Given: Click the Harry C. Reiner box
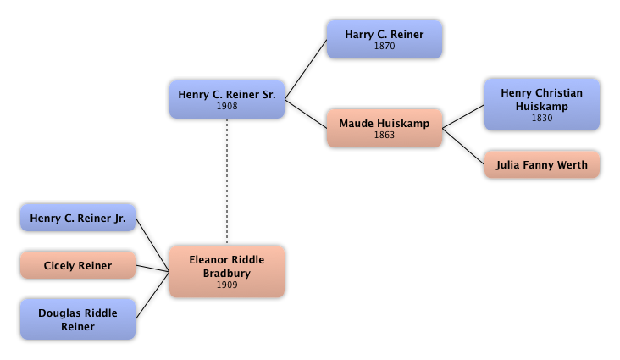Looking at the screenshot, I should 384,39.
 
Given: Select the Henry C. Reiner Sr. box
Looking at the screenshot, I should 227,99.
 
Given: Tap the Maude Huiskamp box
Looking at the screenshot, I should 384,128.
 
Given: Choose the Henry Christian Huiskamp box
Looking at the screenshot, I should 541,104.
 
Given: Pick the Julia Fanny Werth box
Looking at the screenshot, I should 541,164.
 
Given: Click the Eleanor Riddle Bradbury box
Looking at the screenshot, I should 227,271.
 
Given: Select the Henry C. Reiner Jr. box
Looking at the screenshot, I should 77,219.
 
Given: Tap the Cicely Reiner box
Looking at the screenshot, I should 77,266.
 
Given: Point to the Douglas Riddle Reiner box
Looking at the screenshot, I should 77,319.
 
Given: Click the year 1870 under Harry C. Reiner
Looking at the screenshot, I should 384,46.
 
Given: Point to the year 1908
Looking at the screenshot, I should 227,107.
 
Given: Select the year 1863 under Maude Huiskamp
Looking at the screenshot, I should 384,135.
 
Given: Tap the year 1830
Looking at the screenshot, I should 541,118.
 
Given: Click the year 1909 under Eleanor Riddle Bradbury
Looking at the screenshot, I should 227,285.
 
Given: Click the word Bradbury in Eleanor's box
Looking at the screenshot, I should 227,273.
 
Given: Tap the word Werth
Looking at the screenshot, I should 571,164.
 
